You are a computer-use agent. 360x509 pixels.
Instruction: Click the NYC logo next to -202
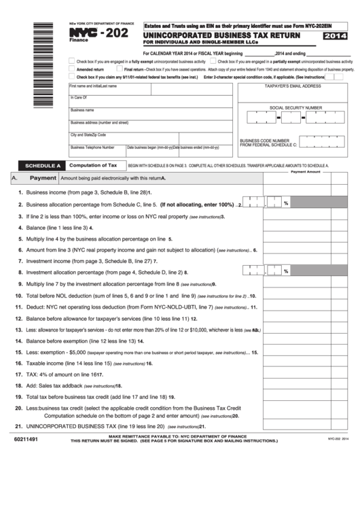pyautogui.click(x=83, y=32)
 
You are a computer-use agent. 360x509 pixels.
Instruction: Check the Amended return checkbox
pyautogui.click(x=72, y=69)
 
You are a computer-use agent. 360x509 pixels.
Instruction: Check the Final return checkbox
pyautogui.click(x=120, y=69)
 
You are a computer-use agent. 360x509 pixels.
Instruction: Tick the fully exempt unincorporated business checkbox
pyautogui.click(x=72, y=61)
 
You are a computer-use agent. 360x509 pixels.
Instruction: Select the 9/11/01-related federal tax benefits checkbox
pyautogui.click(x=72, y=77)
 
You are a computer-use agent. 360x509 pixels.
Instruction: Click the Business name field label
pyautogui.click(x=82, y=109)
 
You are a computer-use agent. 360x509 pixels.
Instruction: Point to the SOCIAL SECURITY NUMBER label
pyautogui.click(x=295, y=107)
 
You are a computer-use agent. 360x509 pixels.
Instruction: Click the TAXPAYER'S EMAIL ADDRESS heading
pyautogui.click(x=293, y=87)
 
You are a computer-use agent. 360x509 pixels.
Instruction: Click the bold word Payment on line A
pyautogui.click(x=43, y=178)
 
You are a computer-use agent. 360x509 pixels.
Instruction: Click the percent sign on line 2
pyautogui.click(x=286, y=203)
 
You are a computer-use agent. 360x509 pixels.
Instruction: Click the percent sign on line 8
pyautogui.click(x=286, y=271)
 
